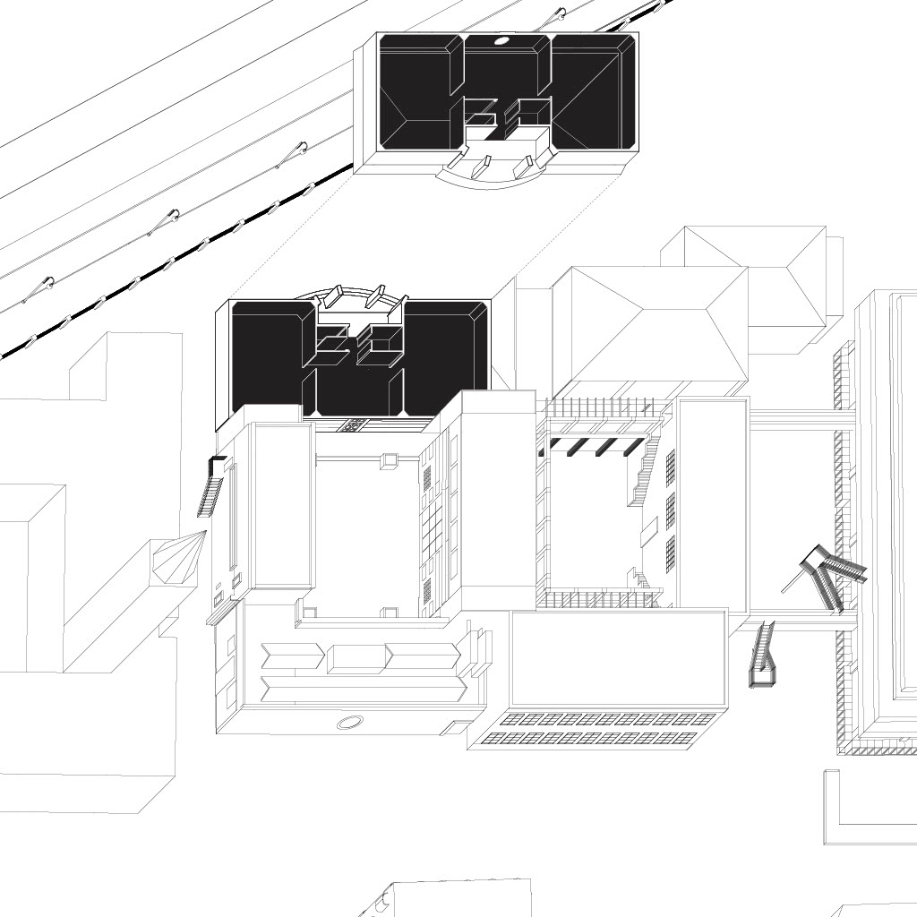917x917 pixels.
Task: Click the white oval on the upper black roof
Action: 501,40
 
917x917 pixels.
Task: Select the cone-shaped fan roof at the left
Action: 178,558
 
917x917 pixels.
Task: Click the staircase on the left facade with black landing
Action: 212,488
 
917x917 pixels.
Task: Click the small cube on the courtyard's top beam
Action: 389,460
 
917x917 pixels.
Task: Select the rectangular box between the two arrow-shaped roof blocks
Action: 356,658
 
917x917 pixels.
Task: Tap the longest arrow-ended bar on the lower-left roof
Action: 363,689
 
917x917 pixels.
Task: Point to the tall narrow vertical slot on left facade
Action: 233,516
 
